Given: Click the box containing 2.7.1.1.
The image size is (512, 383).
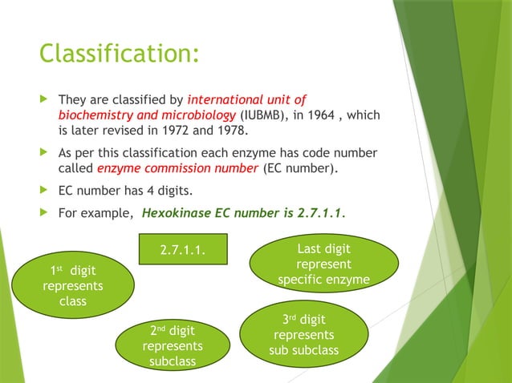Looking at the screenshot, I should point(183,253).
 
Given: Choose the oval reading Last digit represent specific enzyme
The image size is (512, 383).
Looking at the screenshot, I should point(323,264).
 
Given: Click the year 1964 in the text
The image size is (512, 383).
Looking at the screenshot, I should point(324,115).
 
